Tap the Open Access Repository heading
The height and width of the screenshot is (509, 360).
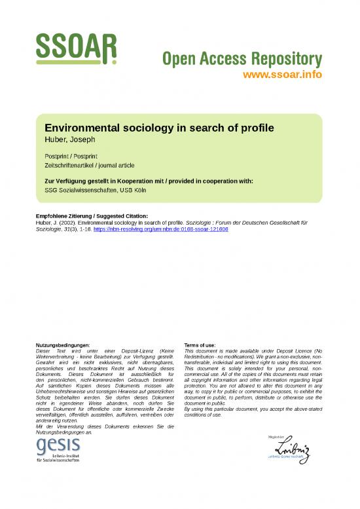tap(242, 60)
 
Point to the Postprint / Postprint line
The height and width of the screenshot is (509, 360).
tap(72, 156)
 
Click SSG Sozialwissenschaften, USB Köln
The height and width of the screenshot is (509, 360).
tap(99, 190)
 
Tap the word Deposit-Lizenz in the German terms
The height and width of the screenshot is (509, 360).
tap(134, 350)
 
